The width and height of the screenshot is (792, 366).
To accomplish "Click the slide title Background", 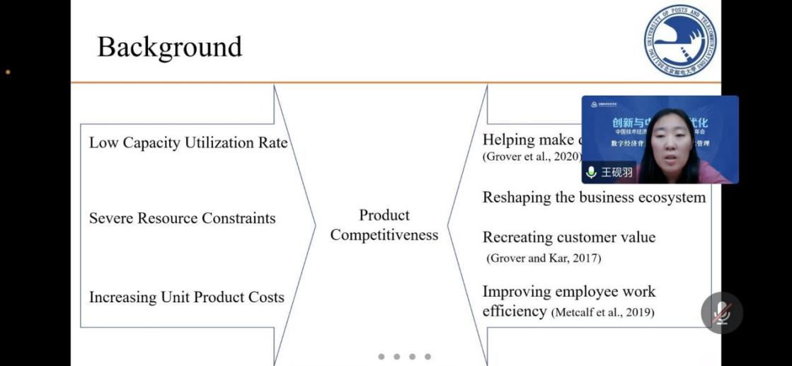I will tap(169, 47).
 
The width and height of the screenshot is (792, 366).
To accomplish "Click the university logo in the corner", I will tap(679, 40).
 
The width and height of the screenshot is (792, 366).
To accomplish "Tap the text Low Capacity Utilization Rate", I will tap(188, 142).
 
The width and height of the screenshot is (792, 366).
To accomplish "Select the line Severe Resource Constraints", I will tap(182, 218).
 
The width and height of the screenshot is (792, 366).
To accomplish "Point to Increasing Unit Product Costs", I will tap(186, 297).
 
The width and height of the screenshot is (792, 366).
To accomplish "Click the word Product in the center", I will tap(384, 215).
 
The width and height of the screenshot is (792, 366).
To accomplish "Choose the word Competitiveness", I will tap(384, 235).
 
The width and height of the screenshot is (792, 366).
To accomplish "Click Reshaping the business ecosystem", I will tap(594, 198).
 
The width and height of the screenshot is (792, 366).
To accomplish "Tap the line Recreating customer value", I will tap(569, 237).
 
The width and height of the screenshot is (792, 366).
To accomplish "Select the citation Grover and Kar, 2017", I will tap(544, 258).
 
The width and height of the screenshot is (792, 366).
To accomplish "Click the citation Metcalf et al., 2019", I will tap(602, 312).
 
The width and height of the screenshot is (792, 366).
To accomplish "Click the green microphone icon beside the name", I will tap(591, 172).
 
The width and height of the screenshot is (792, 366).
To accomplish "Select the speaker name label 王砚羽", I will tap(616, 172).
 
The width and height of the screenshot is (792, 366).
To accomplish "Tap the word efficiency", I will tap(515, 311).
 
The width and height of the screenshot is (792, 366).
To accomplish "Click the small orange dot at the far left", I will tap(8, 72).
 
